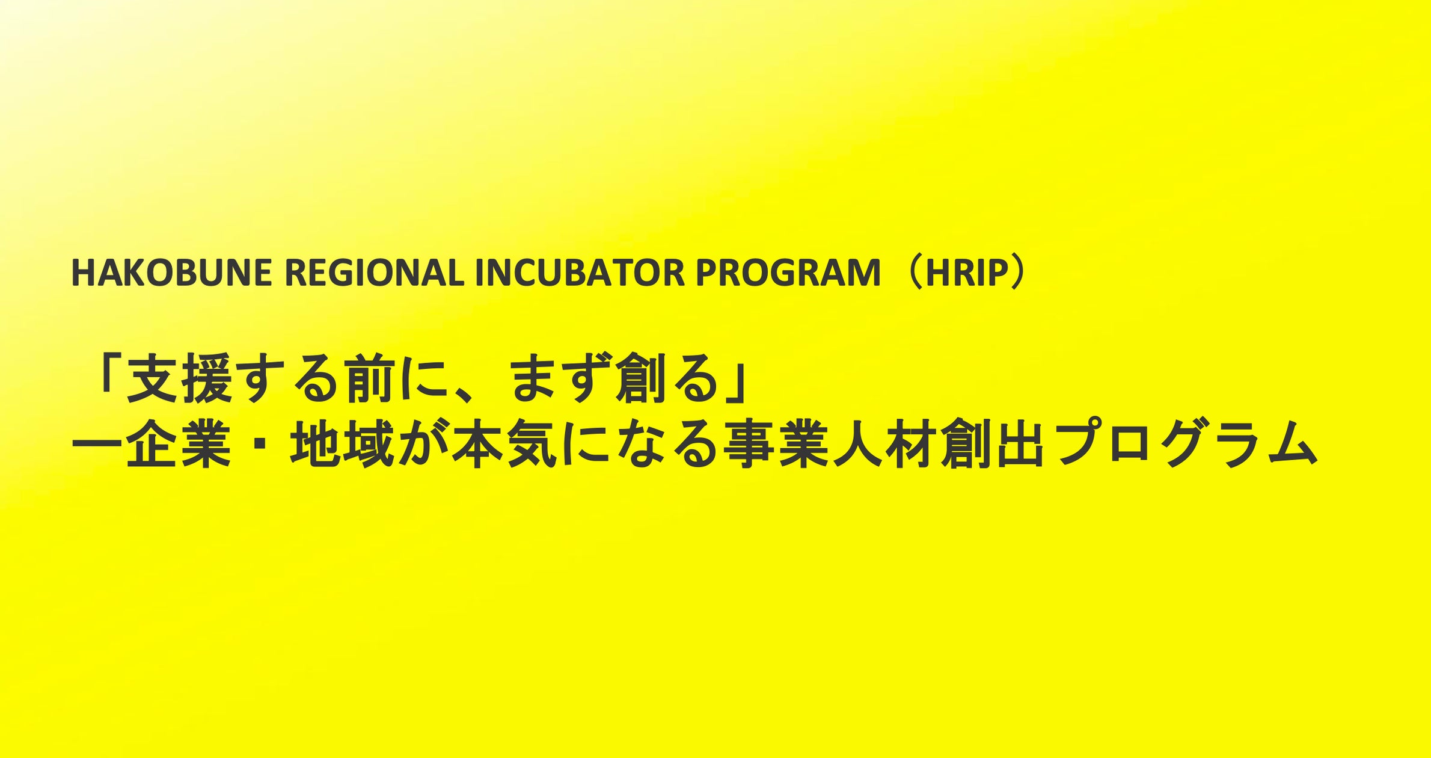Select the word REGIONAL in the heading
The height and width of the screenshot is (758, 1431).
[x=373, y=273]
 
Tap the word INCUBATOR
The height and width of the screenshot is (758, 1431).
[x=580, y=273]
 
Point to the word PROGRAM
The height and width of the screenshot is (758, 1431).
[x=788, y=273]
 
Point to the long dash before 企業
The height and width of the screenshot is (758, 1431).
[x=96, y=446]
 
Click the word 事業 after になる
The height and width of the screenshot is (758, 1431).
[x=778, y=446]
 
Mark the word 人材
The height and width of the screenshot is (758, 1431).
[x=886, y=446]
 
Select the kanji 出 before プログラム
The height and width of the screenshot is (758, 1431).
[x=1020, y=446]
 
